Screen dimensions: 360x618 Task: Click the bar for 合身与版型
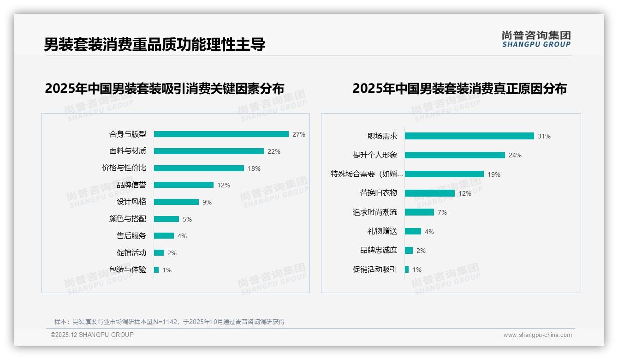[221, 134]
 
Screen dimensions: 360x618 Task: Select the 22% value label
[273, 151]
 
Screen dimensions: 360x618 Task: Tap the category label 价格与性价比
[124, 168]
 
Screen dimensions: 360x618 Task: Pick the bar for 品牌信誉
[184, 185]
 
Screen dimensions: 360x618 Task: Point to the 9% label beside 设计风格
[207, 202]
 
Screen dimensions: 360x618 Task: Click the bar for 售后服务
[164, 236]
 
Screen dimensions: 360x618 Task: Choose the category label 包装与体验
[128, 270]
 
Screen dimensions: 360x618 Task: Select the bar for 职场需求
[469, 136]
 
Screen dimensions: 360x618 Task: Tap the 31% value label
[544, 136]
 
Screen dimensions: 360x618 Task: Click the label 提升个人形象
[375, 155]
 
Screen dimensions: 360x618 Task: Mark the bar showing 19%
[444, 174]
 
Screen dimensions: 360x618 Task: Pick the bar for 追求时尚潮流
[419, 212]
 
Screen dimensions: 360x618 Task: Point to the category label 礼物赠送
[382, 231]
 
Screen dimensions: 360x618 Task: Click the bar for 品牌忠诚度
[409, 250]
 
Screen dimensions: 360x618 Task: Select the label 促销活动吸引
[375, 270]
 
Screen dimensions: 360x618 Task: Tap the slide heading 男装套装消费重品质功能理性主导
[154, 45]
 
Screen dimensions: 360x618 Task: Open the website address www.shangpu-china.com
[537, 335]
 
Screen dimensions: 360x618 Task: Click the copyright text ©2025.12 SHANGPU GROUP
[92, 335]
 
